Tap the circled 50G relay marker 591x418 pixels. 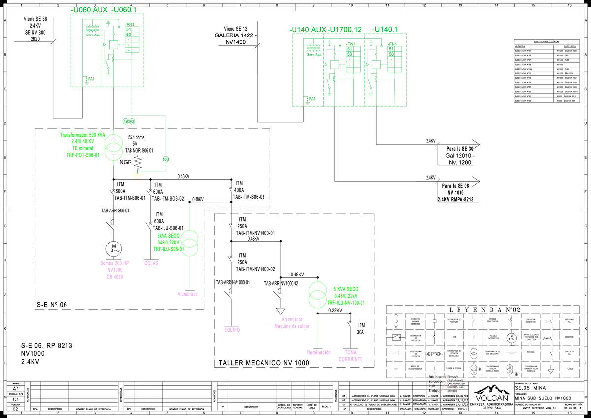(x=166, y=159)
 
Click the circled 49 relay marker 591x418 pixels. (x=125, y=121)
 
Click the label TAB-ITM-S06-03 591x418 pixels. (x=248, y=197)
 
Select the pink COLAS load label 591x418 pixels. (x=151, y=263)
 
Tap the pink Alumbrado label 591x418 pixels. (x=188, y=294)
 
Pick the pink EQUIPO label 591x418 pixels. (x=232, y=330)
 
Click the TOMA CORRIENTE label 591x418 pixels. (x=351, y=356)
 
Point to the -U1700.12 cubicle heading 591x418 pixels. (x=345, y=30)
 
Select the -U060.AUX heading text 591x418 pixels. (x=89, y=10)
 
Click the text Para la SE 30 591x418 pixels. (x=460, y=149)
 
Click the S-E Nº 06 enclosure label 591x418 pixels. (x=52, y=305)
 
